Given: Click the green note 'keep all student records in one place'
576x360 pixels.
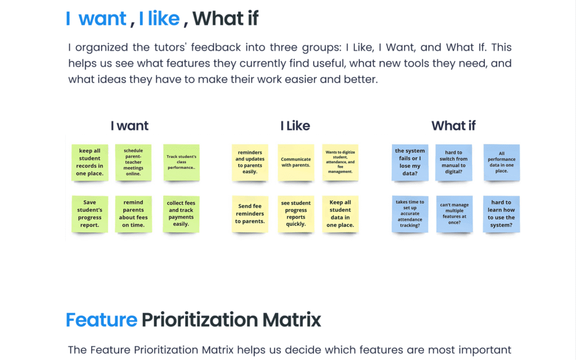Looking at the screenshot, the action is coord(89,163).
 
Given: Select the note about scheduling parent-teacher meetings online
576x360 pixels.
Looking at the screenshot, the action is coord(133,163).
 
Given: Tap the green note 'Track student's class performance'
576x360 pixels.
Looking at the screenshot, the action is coord(182,163).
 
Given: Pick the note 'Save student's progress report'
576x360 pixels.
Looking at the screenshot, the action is coord(89,214).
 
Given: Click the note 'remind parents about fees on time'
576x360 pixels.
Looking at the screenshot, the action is coord(133,214).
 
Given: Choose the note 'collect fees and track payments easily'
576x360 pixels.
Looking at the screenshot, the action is coord(181,214).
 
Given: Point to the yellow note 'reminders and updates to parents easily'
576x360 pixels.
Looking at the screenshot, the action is coord(250,163).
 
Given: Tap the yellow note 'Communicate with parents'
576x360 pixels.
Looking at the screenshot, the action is coord(296,163).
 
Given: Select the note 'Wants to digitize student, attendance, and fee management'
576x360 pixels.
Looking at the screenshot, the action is coord(340,163).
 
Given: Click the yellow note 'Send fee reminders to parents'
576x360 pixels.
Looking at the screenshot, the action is coord(250,214).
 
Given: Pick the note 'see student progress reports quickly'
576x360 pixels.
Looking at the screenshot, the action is coord(296,214).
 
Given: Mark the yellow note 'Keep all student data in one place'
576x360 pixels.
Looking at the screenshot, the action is coord(340,214).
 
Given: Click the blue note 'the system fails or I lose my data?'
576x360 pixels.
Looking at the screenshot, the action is coord(410,163).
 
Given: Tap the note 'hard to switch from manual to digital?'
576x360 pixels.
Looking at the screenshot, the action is coord(454,163).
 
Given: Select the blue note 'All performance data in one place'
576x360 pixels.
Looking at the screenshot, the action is coord(501,163).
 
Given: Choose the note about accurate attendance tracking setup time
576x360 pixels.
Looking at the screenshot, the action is coord(410,214).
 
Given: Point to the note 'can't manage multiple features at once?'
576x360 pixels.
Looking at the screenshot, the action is coord(454,214).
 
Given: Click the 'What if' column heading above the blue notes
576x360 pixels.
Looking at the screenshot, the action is coord(453,125).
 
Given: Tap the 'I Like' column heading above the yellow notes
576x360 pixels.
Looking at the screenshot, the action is coord(295,125).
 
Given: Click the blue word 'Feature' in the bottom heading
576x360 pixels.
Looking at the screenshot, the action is coord(101,319).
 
